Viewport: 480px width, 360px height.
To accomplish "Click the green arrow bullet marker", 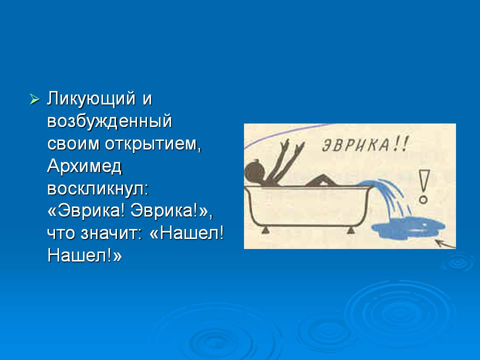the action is (34, 99).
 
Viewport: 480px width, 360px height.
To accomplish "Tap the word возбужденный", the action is (109, 121).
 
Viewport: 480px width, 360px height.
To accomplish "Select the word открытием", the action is (153, 143).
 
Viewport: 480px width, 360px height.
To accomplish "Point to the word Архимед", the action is (84, 167).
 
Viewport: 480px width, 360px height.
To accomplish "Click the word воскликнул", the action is (97, 189).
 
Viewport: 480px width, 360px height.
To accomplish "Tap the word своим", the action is (73, 144).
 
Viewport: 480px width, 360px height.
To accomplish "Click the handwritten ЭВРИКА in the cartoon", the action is (355, 145).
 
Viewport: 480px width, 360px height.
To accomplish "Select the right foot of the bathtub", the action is (350, 230).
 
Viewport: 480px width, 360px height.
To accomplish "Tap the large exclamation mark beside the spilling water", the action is (423, 186).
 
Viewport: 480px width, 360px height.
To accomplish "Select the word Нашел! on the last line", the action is (84, 255).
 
